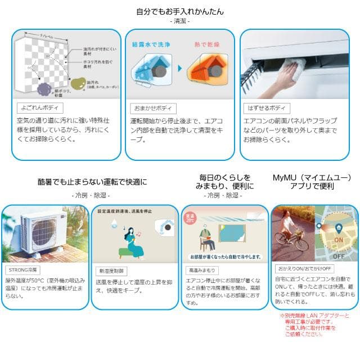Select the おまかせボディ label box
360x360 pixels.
point(152,109)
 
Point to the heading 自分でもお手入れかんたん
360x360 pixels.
point(179,11)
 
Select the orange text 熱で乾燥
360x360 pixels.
point(207,44)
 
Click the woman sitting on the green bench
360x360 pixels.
point(134,240)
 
